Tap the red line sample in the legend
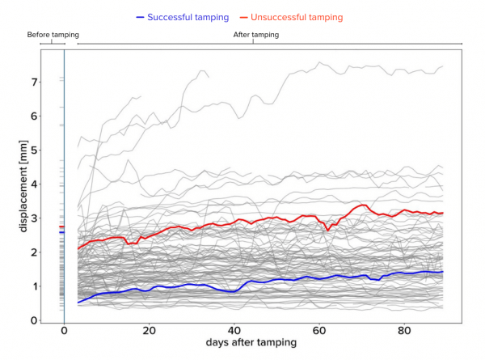click(x=245, y=17)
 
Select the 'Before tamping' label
click(x=53, y=35)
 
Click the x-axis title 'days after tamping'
click(x=252, y=343)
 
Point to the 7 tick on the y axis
click(x=35, y=83)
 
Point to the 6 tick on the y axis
click(x=35, y=116)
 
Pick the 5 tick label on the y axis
click(x=35, y=150)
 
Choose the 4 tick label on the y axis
click(x=35, y=184)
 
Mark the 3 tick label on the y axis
click(x=35, y=218)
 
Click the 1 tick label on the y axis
click(x=35, y=286)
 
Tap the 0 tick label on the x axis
click(x=64, y=331)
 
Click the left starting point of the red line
click(x=78, y=248)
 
